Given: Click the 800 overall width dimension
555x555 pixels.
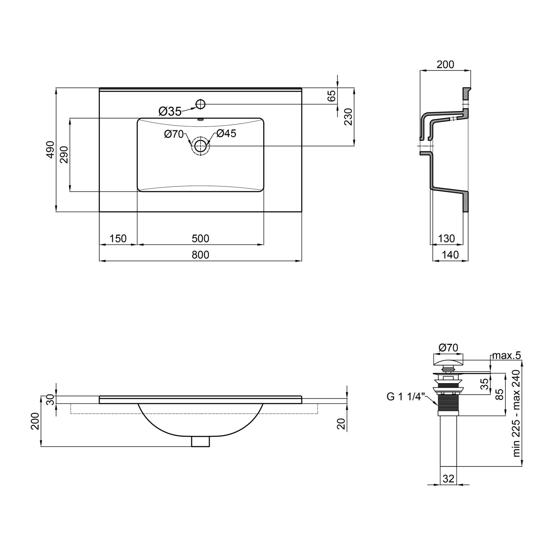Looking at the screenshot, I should [x=200, y=255].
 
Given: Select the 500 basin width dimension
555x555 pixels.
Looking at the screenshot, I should [x=200, y=238].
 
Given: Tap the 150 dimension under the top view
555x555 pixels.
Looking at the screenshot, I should [x=118, y=238].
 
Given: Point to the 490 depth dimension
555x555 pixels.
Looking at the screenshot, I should [x=50, y=150].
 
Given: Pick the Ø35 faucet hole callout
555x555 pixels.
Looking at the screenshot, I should [x=170, y=111].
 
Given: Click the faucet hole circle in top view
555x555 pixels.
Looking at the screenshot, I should [x=201, y=104].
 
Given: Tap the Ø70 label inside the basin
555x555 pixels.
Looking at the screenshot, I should [x=174, y=134].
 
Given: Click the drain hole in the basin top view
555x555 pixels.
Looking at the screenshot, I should [x=200, y=146].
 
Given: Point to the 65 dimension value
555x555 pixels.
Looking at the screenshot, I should [x=331, y=96].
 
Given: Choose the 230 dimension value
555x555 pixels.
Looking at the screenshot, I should [x=348, y=117].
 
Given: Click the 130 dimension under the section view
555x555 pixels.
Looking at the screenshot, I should [x=446, y=238].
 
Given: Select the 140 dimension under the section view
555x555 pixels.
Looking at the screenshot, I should [x=450, y=255].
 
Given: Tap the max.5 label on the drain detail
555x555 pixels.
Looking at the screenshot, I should [x=506, y=356].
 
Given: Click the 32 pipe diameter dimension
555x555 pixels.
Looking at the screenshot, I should [x=448, y=479].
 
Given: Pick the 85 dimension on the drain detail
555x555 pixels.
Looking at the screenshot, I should [x=499, y=394].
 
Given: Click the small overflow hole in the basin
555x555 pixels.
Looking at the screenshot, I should [x=201, y=119].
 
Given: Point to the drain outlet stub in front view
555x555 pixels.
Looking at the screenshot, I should [x=200, y=441].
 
